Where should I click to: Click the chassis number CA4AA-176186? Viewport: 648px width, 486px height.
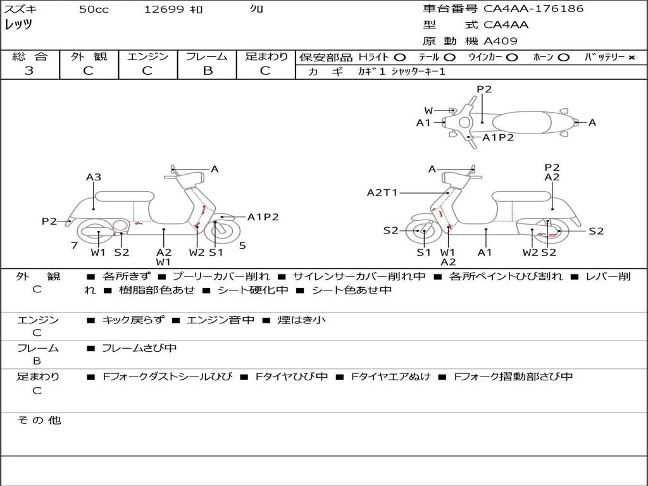click(533, 9)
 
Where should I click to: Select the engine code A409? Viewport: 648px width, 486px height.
click(500, 41)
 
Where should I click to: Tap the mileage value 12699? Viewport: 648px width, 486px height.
click(164, 9)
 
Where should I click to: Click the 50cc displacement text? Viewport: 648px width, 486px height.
click(94, 9)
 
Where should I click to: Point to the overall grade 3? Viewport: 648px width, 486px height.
click(29, 71)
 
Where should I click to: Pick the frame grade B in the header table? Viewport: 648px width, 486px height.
click(208, 71)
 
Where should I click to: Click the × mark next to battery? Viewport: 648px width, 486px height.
click(631, 58)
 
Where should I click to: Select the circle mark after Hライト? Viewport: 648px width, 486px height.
click(399, 58)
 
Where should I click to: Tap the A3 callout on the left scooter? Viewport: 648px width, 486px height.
click(94, 177)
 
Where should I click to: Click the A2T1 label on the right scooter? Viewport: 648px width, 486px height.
click(382, 192)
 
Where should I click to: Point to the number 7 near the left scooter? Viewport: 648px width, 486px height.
click(75, 246)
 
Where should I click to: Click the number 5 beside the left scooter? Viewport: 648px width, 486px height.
click(242, 246)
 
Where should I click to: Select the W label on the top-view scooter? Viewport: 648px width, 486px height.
click(428, 110)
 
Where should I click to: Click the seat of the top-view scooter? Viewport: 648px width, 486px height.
click(521, 123)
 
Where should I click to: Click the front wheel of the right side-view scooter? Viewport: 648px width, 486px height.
click(421, 230)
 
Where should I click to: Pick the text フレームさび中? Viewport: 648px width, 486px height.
click(139, 348)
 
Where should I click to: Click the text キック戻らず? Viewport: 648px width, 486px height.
click(133, 320)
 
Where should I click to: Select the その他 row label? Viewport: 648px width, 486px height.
click(39, 420)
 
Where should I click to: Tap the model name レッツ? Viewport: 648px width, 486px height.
click(18, 25)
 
